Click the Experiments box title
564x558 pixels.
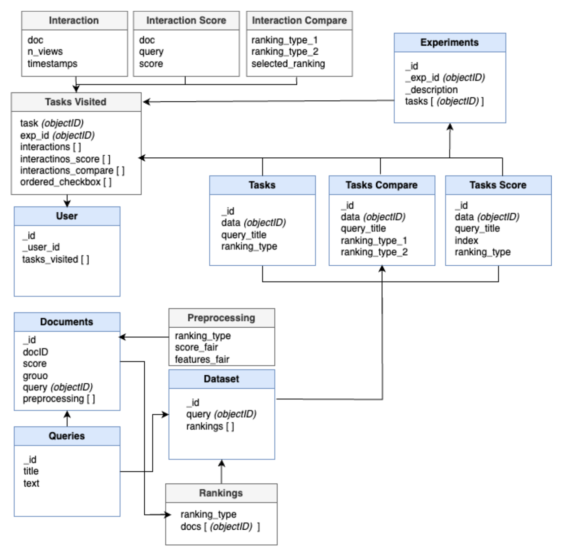click(449, 42)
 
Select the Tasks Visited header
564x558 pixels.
click(76, 102)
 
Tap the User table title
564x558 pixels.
click(67, 216)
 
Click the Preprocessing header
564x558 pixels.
click(221, 318)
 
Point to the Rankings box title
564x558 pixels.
click(221, 493)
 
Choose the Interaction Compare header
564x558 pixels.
click(299, 20)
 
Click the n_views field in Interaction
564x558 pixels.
click(45, 51)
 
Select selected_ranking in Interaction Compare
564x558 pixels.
click(288, 63)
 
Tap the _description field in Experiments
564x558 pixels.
click(431, 89)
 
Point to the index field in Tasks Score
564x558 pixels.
click(466, 241)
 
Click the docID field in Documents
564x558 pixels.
click(36, 352)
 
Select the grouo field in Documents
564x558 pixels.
click(35, 376)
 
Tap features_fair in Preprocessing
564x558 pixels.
click(202, 359)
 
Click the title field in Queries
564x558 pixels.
click(31, 471)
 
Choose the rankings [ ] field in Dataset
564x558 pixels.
click(210, 426)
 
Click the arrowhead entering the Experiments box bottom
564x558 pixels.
click(450, 127)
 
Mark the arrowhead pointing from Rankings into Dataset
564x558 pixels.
click(221, 463)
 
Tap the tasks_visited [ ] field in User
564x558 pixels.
click(55, 259)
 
